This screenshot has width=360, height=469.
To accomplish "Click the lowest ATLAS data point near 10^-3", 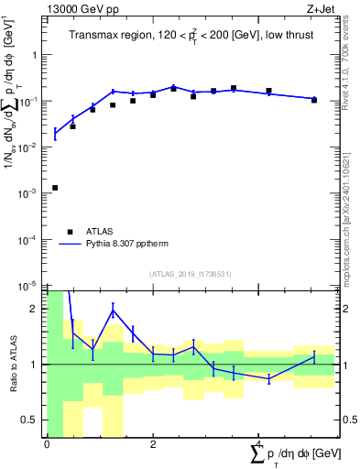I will (55, 188).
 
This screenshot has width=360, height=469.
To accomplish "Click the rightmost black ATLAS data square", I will (314, 99).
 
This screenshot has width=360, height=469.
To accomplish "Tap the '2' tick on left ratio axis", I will (36, 309).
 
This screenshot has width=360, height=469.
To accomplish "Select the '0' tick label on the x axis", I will (47, 444).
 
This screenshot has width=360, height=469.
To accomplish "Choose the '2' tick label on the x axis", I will (153, 444).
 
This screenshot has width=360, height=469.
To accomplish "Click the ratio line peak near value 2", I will (113, 311).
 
